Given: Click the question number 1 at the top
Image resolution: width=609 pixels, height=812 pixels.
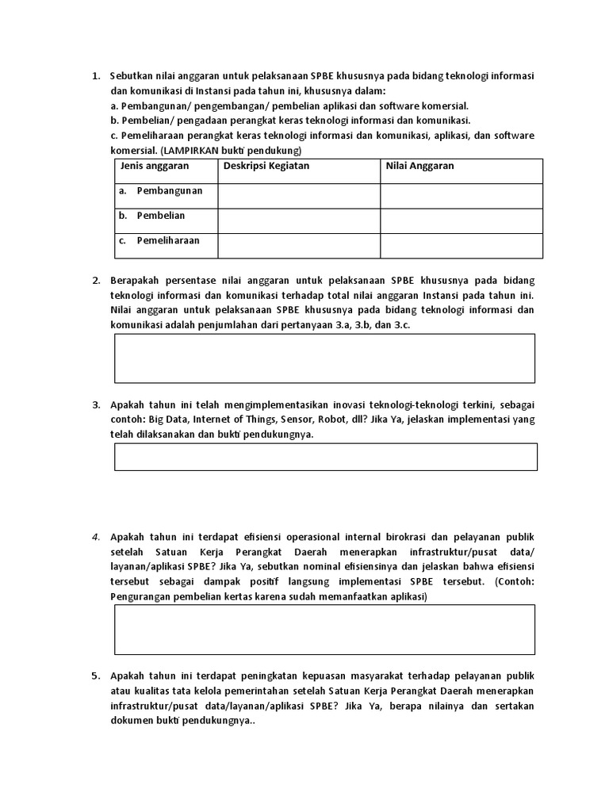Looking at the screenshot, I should (x=95, y=76).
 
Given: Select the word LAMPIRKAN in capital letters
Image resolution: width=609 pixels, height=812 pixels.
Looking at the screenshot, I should (x=189, y=151).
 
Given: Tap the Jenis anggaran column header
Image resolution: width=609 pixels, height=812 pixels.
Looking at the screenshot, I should (x=155, y=167).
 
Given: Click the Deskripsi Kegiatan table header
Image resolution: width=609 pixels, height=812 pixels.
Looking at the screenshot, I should (x=266, y=167).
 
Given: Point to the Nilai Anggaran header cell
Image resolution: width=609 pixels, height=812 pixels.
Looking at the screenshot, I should (x=420, y=167).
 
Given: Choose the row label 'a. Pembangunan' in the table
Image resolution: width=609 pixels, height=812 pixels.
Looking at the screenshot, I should (x=161, y=191).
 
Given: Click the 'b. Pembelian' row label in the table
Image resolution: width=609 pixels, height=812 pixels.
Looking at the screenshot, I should (x=152, y=216).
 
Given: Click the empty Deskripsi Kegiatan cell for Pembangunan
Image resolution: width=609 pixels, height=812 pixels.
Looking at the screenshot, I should (x=299, y=196).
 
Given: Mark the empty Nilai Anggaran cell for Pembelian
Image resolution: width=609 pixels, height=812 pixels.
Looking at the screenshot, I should (x=462, y=220).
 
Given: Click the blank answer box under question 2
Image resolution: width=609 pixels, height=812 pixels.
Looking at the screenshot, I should (x=325, y=358).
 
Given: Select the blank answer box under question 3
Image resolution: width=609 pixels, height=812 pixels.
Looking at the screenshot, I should (x=325, y=457).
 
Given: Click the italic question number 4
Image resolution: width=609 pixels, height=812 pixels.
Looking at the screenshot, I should (x=95, y=537).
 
